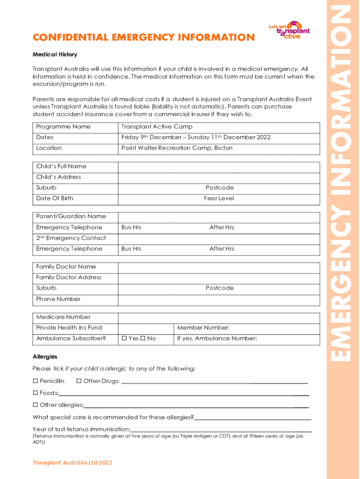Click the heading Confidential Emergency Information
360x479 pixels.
(x=144, y=37)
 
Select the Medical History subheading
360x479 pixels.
(x=55, y=55)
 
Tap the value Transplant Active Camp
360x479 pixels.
(x=157, y=127)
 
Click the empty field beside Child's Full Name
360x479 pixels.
(x=219, y=167)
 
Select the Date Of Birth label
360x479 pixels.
(x=55, y=198)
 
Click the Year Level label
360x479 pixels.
(x=218, y=198)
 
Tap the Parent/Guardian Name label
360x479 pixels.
(x=71, y=217)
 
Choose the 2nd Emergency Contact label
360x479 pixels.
(x=71, y=238)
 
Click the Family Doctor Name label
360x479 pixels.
(x=66, y=267)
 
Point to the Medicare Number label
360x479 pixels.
(x=63, y=317)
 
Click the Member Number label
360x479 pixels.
(x=203, y=328)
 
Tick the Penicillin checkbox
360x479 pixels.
(x=35, y=382)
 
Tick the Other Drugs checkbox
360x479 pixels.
(x=79, y=382)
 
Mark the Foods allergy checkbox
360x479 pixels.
(x=35, y=393)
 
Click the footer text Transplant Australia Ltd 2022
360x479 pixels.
(x=72, y=463)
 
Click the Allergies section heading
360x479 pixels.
(x=45, y=357)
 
